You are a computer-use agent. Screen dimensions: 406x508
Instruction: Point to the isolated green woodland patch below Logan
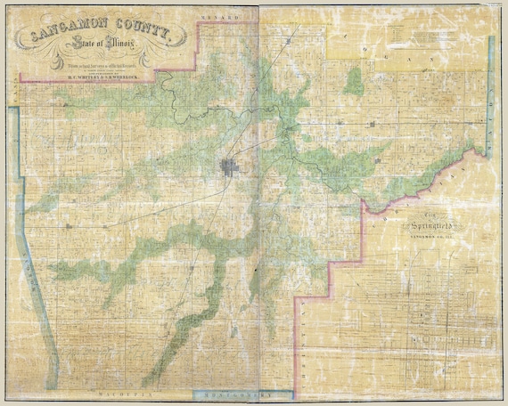pos(354,82)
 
